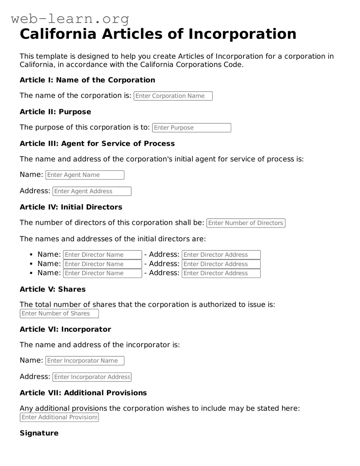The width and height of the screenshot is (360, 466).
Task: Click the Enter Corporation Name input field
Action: click(x=173, y=96)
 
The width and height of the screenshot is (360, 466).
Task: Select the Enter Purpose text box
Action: click(x=191, y=128)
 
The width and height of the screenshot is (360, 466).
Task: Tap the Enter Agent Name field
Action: click(x=85, y=175)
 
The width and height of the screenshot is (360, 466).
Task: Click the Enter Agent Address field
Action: click(x=92, y=191)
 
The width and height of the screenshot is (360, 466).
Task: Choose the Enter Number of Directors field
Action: click(x=246, y=223)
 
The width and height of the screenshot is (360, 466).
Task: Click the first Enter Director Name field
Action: click(x=102, y=255)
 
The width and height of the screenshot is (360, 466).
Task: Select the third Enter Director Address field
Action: click(x=221, y=273)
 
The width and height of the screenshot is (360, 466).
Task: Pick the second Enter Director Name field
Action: click(x=102, y=264)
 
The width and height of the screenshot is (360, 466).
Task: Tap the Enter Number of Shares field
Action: click(x=59, y=314)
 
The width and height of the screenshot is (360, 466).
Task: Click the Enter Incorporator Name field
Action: click(x=85, y=361)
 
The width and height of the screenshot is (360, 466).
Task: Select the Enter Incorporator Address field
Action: click(x=92, y=377)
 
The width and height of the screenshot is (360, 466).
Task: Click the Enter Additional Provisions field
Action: click(x=59, y=417)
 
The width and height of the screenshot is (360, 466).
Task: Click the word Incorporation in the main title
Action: click(x=242, y=34)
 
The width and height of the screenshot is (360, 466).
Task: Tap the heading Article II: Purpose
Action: click(x=55, y=112)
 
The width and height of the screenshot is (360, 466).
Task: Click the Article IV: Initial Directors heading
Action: click(x=71, y=207)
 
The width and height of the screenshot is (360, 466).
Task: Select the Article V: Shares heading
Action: click(x=52, y=289)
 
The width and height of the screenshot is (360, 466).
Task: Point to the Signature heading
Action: click(x=39, y=433)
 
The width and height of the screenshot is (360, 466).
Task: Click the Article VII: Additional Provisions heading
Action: click(x=83, y=393)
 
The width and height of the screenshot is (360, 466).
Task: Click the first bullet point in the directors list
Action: click(x=31, y=255)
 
